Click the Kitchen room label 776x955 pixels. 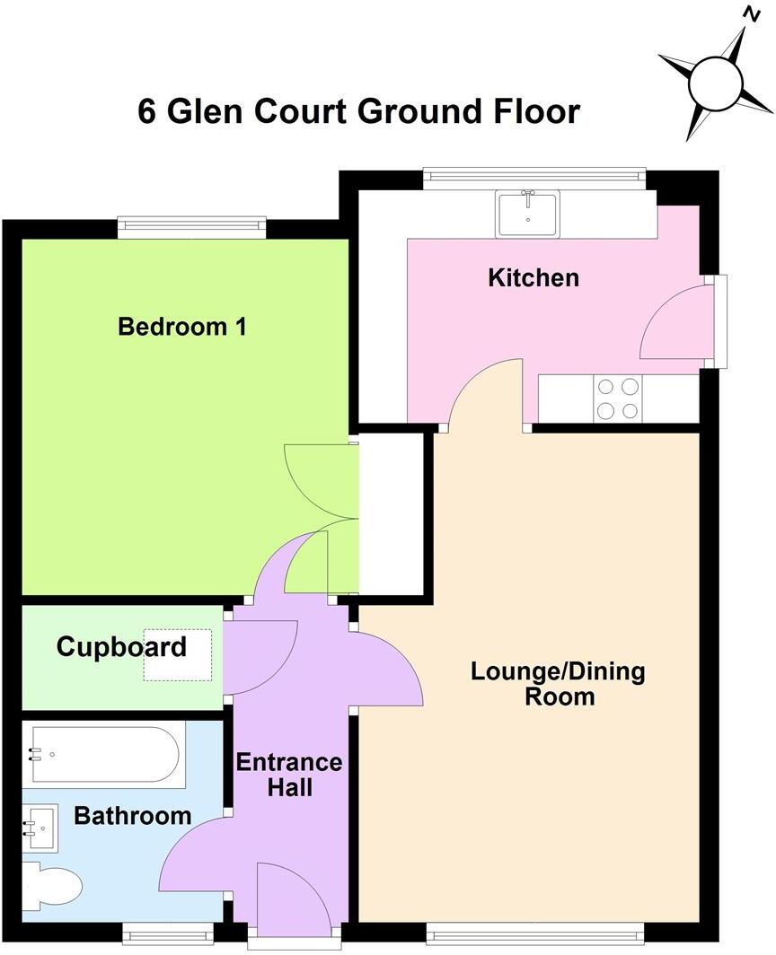tap(533, 278)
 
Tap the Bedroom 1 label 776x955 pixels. tap(182, 327)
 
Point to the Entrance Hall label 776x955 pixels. tap(288, 775)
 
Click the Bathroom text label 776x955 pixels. tap(132, 816)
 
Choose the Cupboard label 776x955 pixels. tap(121, 646)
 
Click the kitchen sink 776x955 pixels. tap(527, 214)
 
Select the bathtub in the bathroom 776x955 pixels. tap(102, 755)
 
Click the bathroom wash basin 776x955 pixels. tap(40, 828)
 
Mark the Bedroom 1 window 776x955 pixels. tap(191, 228)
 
